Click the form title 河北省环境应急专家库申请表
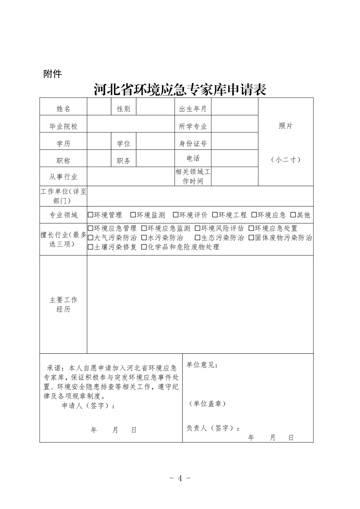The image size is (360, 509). coord(180,89)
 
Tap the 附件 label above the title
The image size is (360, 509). coord(52,73)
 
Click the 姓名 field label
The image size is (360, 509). coord(63,109)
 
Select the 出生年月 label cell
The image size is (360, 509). coord(193,109)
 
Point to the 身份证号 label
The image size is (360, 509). coord(193,144)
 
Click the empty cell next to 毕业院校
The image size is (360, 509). coord(131,126)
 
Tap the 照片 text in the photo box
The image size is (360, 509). coord(286,126)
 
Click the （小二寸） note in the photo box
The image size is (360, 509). coord(286,160)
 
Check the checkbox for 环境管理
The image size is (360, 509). coord(90,215)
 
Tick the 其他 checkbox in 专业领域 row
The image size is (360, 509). coord(293,215)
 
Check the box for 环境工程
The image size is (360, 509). coord(215,215)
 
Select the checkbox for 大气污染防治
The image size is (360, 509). coord(90,238)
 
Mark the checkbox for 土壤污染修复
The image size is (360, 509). coord(90,247)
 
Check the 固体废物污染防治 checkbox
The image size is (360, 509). coord(251,238)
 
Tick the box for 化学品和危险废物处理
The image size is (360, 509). coord(144,247)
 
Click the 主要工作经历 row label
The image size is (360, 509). coord(63,304)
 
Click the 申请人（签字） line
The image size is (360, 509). coord(88,406)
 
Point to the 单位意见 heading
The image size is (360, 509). coord(202,365)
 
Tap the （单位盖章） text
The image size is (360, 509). coord(207,403)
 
